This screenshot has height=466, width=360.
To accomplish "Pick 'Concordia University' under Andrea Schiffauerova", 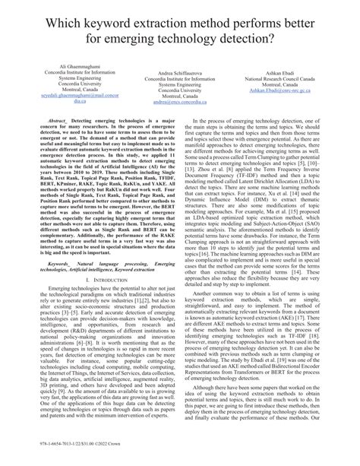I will pyautogui.click(x=180, y=90).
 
